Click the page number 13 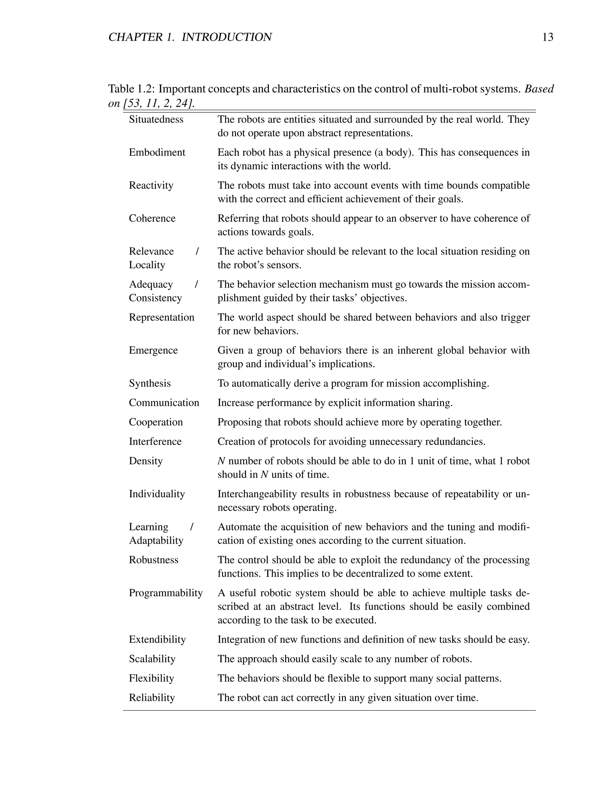[547, 37]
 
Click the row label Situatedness [156, 120]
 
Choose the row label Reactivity [151, 185]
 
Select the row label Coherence [152, 218]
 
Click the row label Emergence [153, 351]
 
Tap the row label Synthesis [150, 384]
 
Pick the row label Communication [164, 403]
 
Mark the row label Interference [155, 441]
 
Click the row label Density [146, 461]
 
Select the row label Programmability [166, 593]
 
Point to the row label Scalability [152, 659]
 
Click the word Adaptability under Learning [156, 540]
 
